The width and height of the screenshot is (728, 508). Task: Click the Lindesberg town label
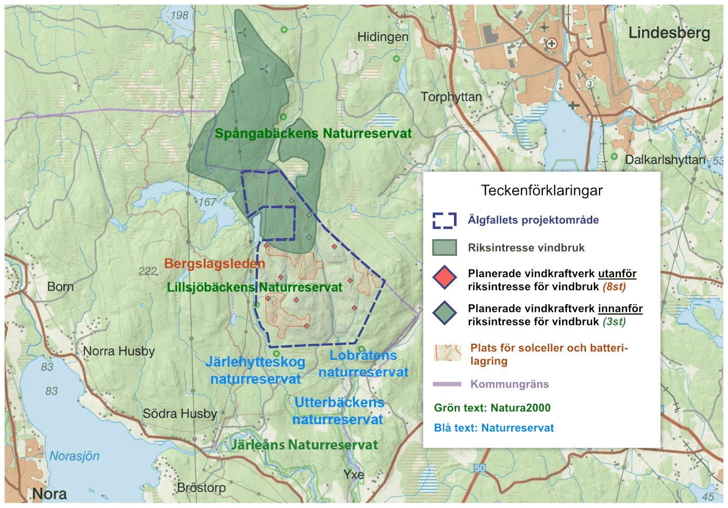coord(669,33)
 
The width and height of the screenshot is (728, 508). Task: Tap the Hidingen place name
coord(382,37)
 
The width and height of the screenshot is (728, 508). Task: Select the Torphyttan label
coord(451,97)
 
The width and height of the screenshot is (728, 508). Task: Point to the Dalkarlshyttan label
coord(665,160)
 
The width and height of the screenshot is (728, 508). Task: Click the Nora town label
coord(49,493)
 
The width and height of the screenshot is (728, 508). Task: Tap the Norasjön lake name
coord(74,456)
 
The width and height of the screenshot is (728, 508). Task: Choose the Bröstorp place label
coord(201,488)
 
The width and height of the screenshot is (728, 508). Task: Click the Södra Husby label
coord(179,413)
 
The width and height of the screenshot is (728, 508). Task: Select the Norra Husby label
coord(119,351)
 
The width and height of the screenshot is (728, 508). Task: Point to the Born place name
coord(60,286)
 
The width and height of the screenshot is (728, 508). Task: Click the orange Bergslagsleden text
coord(214,264)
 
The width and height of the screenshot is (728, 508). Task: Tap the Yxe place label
coord(353,474)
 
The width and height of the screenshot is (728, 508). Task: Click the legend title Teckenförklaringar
coord(541,190)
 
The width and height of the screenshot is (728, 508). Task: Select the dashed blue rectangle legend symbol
coord(444,220)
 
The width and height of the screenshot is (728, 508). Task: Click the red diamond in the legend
coord(444,278)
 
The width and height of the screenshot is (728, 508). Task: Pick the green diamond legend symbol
coord(444,313)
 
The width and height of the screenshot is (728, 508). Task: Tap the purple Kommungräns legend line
coord(447,384)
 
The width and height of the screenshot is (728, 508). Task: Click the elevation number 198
coord(179,15)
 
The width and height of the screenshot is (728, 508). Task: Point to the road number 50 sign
coord(479,468)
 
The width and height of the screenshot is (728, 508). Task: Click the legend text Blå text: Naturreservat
coord(493,428)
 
